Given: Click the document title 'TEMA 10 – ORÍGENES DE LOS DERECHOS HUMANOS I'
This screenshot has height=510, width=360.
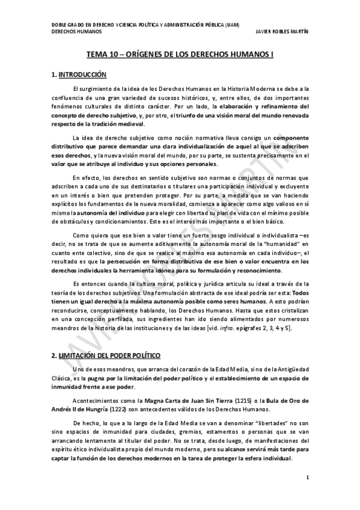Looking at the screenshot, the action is [180, 54].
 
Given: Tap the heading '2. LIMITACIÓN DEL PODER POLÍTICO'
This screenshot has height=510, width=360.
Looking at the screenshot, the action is [105, 356].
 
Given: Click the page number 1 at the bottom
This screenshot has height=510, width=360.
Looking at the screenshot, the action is [307, 478].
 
